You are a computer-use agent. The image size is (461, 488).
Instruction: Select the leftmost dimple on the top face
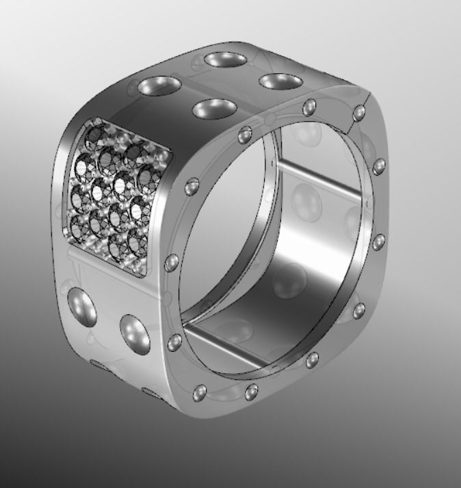(x=159, y=87)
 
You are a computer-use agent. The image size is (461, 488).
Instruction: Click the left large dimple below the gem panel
(x=81, y=306)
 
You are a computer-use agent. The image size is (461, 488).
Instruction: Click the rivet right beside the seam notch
(x=361, y=112)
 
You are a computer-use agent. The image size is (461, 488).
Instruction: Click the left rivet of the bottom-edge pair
(x=200, y=393)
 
